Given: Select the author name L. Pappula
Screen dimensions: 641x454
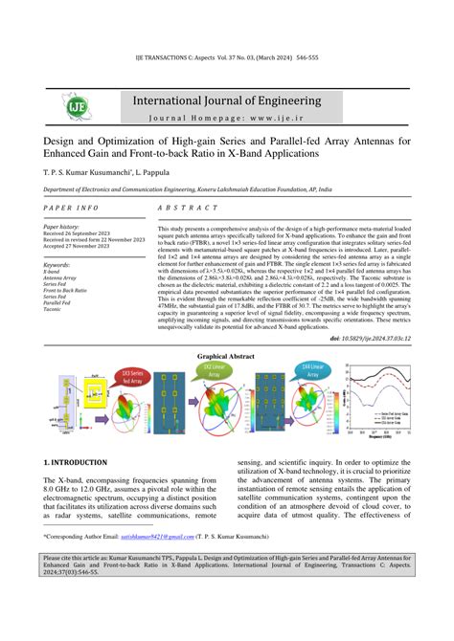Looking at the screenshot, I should [165, 174].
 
